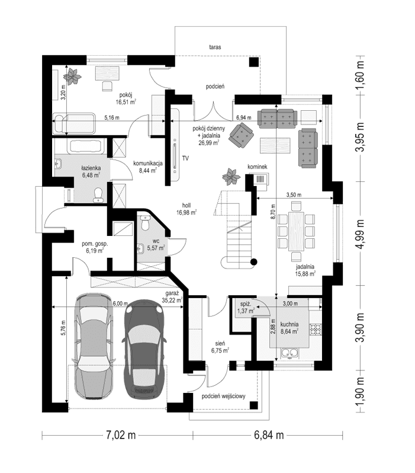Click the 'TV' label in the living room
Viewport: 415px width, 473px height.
pos(185,158)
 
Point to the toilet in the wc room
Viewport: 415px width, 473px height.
pos(144,222)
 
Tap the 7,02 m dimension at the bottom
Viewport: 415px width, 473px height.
pos(121,436)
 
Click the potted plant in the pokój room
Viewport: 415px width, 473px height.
pos(73,75)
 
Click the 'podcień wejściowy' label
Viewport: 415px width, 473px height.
pos(223,397)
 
